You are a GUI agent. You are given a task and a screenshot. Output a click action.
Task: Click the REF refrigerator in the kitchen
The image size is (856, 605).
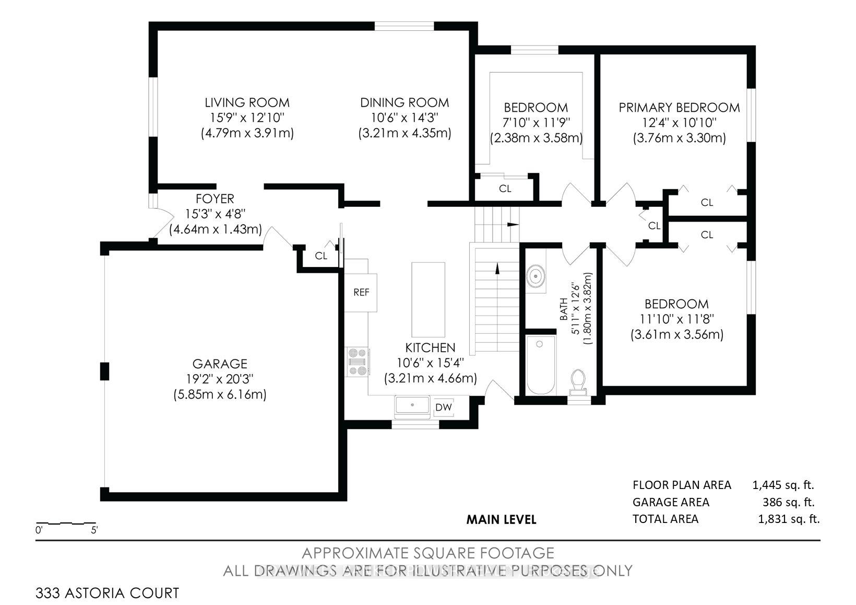pos(361,292)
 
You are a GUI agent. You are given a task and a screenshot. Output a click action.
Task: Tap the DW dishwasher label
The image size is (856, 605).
pos(443,408)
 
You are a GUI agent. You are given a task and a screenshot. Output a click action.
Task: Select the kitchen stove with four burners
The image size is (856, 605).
pos(358,362)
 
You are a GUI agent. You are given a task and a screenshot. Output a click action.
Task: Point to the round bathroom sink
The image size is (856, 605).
pos(536,276)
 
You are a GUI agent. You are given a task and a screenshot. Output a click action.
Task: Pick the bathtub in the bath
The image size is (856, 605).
pos(540,365)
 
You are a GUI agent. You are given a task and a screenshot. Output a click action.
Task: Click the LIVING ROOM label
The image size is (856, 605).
pos(247,102)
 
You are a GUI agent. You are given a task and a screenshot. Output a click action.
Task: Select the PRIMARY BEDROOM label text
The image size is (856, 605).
pos(679,108)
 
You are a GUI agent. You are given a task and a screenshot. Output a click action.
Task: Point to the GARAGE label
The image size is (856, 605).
pos(220,363)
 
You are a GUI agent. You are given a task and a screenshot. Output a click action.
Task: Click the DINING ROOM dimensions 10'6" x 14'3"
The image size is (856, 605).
pos(405,118)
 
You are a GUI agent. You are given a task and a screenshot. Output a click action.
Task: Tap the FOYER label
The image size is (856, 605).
pos(215,199)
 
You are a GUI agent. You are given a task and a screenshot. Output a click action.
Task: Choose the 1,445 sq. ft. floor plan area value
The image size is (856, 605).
pos(783,485)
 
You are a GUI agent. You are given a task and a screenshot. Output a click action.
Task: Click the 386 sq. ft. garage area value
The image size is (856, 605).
pos(788,502)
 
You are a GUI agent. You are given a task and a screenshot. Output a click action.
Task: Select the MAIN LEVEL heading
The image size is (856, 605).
pos(502,519)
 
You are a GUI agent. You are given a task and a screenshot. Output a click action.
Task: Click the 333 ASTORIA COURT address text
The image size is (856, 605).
pos(108,593)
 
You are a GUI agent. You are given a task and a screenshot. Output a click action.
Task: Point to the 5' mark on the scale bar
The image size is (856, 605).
pos(94,530)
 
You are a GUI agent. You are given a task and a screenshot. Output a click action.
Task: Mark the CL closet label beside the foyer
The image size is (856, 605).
pos(321,255)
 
